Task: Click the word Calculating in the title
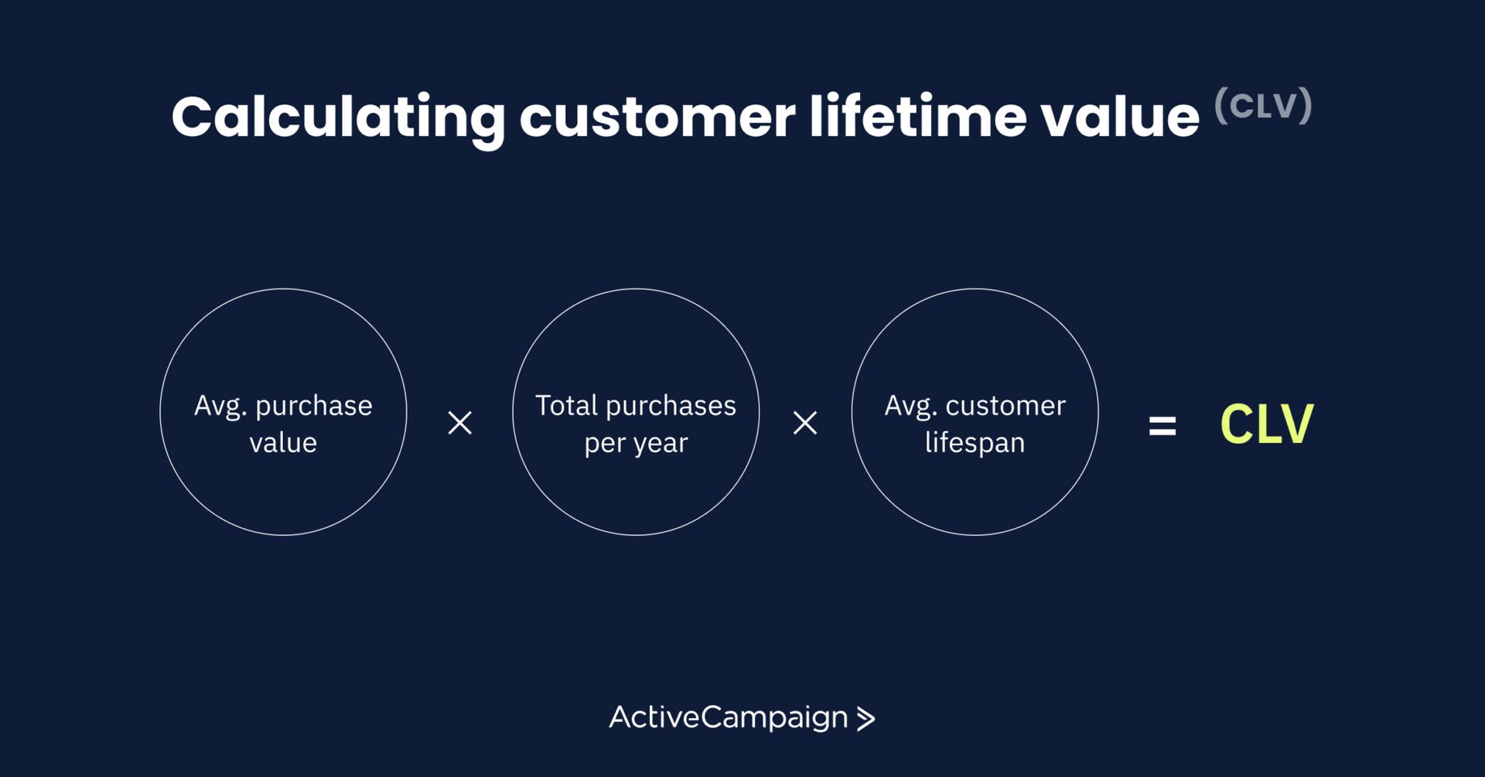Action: pyautogui.click(x=339, y=118)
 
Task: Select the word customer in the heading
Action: pyautogui.click(x=657, y=118)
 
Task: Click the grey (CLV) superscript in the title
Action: pyautogui.click(x=1263, y=105)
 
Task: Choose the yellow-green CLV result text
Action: pyautogui.click(x=1266, y=424)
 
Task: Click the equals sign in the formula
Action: pyautogui.click(x=1162, y=425)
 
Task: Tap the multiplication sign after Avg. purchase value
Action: pyautogui.click(x=460, y=423)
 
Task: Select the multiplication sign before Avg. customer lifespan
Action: pyautogui.click(x=805, y=423)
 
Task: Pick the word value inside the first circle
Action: pyautogui.click(x=283, y=442)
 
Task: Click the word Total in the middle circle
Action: pyautogui.click(x=567, y=405)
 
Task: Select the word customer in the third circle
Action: pyautogui.click(x=1005, y=405)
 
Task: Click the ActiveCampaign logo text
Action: pyautogui.click(x=729, y=718)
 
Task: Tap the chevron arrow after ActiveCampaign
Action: pyautogui.click(x=866, y=719)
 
